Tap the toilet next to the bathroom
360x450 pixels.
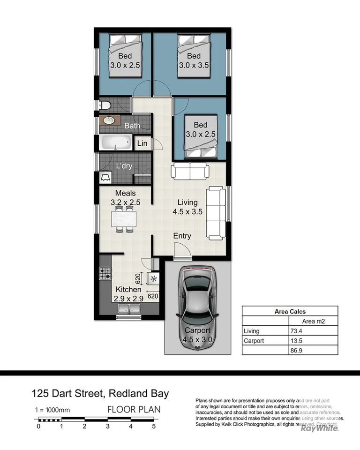click(x=104, y=105)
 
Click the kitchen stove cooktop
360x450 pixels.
click(x=105, y=273)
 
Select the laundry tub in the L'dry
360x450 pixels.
click(x=106, y=177)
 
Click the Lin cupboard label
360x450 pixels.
click(x=142, y=143)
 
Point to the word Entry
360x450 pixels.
click(x=182, y=236)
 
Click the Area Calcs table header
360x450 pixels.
click(x=289, y=311)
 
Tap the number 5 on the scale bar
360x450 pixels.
click(x=153, y=426)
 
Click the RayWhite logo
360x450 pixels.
click(x=319, y=428)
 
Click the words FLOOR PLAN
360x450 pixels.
click(x=134, y=409)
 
